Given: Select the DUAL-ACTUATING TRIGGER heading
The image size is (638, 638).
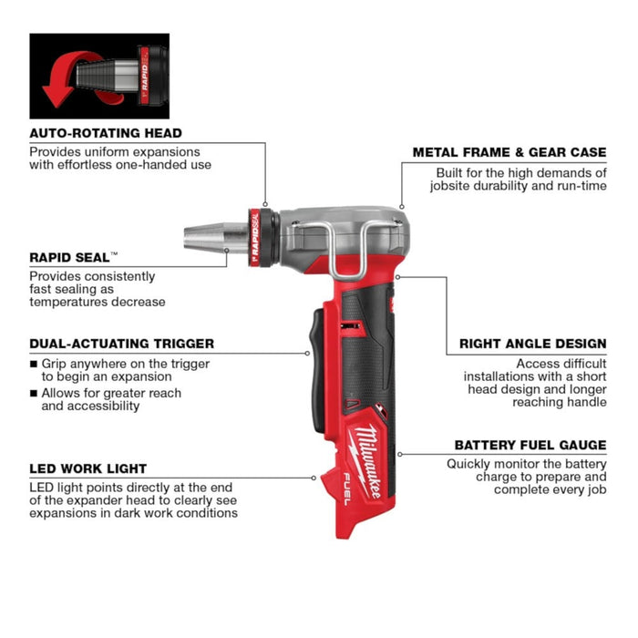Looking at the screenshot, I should click(122, 344).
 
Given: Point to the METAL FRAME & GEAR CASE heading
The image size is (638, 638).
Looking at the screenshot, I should click(509, 152).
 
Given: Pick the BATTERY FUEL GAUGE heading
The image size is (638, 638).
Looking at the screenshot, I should click(530, 445).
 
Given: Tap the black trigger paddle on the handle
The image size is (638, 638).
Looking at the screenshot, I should click(319, 355).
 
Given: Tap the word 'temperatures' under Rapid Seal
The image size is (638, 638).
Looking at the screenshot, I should click(67, 302).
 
